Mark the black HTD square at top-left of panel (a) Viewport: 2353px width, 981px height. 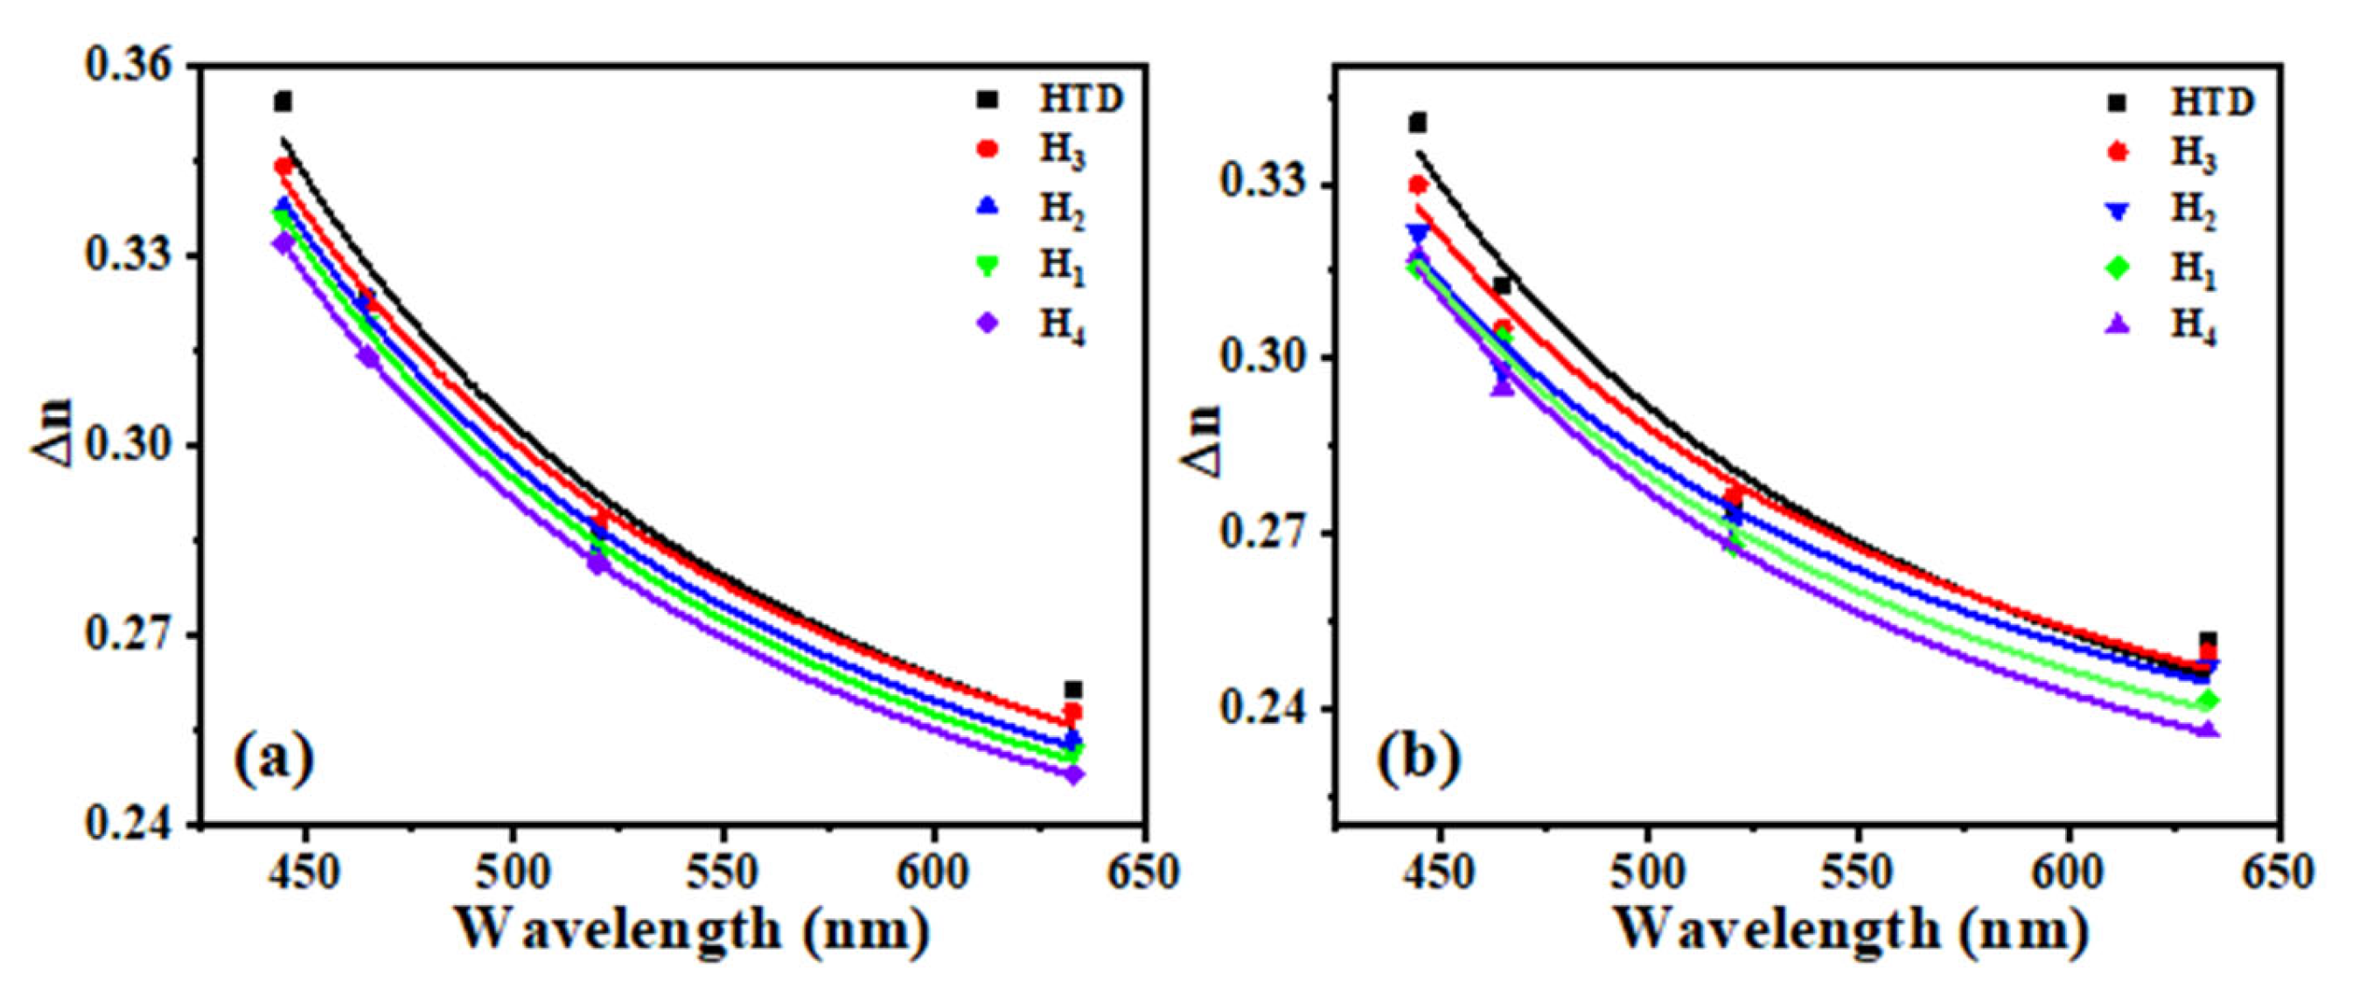pyautogui.click(x=283, y=101)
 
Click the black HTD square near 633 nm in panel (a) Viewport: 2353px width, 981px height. pyautogui.click(x=1073, y=690)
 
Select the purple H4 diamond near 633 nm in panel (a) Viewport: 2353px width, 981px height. pyautogui.click(x=1073, y=775)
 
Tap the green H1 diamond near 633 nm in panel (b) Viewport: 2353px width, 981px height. pyautogui.click(x=2208, y=701)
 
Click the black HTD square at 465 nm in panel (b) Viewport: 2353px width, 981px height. pyautogui.click(x=1502, y=286)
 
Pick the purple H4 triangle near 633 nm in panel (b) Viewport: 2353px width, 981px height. pyautogui.click(x=2208, y=729)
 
